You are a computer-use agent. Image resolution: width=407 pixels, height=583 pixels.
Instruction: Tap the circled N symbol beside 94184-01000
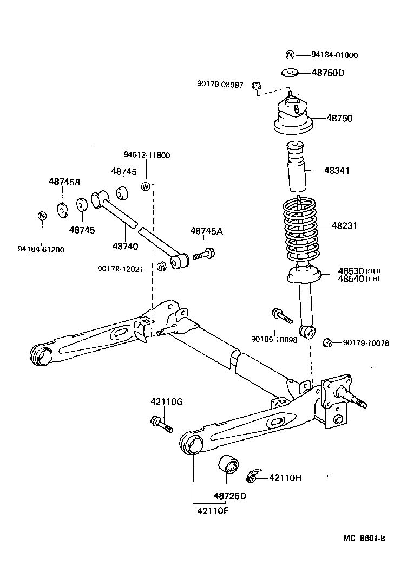(x=290, y=55)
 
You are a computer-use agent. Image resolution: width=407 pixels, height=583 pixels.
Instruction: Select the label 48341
(x=337, y=170)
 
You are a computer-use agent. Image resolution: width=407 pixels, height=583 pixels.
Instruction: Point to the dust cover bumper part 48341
(x=296, y=168)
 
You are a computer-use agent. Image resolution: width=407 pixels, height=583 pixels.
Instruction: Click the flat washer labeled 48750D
(x=291, y=72)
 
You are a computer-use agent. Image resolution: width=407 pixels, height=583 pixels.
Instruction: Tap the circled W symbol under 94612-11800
(x=145, y=186)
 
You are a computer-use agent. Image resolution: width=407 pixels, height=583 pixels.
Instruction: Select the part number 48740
(x=126, y=246)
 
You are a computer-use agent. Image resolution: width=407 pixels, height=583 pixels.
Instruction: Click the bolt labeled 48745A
(x=204, y=253)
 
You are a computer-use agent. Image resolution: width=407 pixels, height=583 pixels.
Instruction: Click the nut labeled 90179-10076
(x=327, y=342)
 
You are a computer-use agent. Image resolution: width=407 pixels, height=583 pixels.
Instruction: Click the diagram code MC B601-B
(x=364, y=538)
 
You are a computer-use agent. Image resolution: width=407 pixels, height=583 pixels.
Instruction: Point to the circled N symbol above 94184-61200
(x=41, y=216)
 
